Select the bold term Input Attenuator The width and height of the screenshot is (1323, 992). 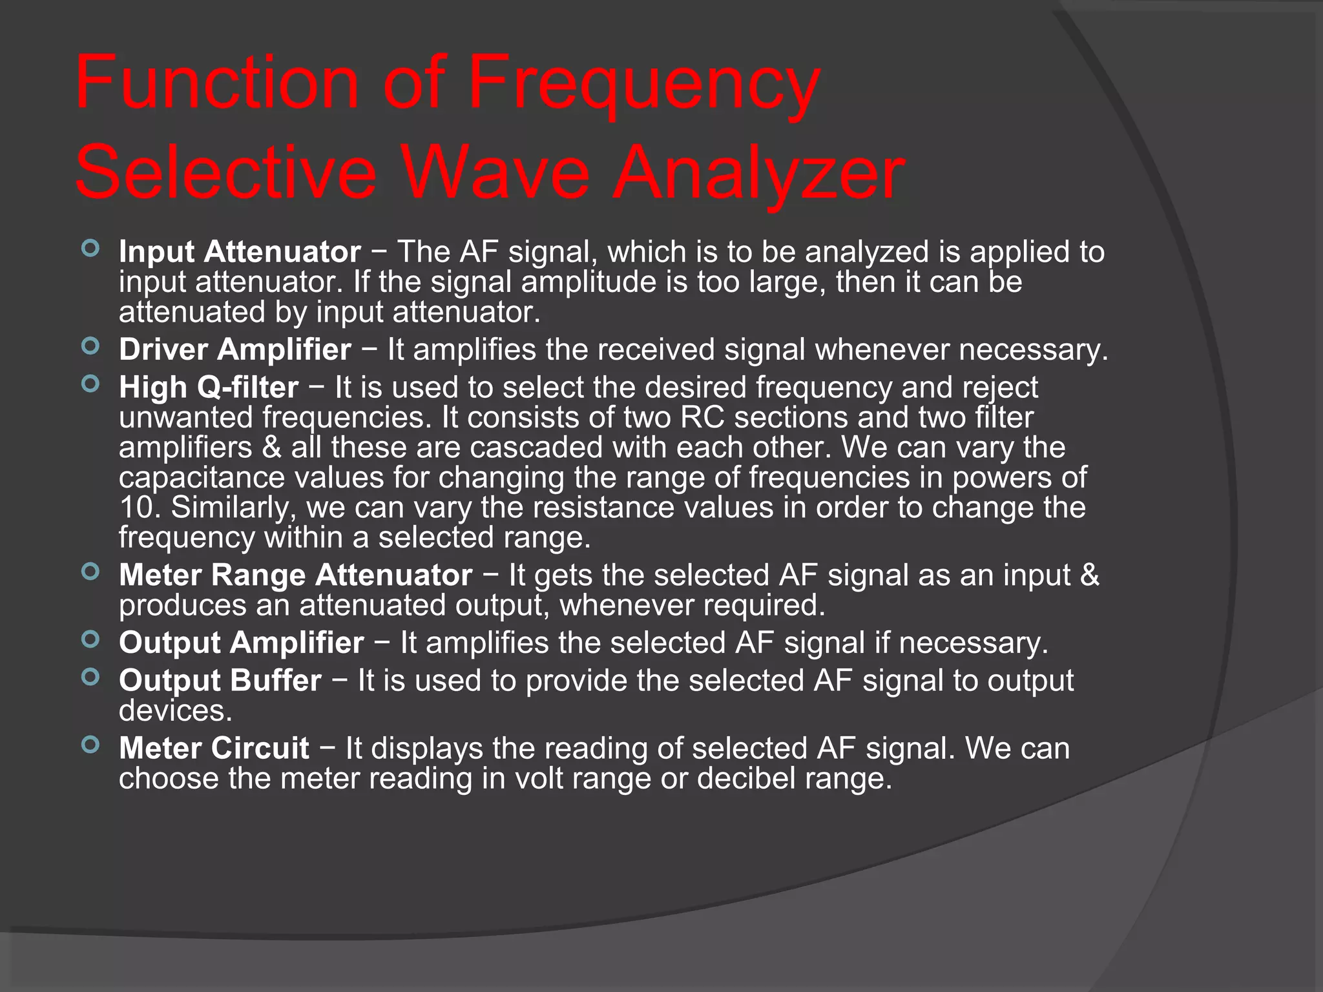click(240, 252)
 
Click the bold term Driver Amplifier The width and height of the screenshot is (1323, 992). click(235, 350)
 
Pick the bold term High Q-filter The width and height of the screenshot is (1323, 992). click(208, 387)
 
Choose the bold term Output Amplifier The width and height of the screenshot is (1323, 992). click(242, 643)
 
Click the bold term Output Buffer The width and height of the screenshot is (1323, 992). click(220, 681)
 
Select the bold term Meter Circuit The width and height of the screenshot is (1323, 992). click(214, 749)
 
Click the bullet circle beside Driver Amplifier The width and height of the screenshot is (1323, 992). click(91, 346)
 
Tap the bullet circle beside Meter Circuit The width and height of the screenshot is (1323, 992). click(91, 745)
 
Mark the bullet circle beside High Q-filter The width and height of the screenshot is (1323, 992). click(91, 384)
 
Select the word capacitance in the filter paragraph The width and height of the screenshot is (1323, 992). click(202, 478)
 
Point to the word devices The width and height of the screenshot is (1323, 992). click(175, 711)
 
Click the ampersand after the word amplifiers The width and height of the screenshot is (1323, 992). click(271, 448)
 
